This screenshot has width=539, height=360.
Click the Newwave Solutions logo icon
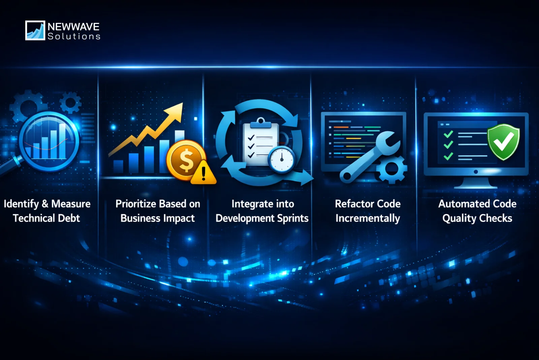pos(35,30)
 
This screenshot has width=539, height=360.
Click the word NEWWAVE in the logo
pos(73,27)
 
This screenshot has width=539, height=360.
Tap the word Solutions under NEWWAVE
pos(74,36)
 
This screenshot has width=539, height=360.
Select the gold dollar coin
pos(185,160)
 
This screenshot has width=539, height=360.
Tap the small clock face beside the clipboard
pos(282,159)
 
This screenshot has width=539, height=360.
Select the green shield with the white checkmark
pos(504,142)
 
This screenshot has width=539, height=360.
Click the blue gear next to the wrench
pos(391,170)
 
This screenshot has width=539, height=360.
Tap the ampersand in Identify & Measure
pos(45,204)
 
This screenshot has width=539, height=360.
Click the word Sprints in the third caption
pos(292,218)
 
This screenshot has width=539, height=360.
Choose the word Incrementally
pos(368,218)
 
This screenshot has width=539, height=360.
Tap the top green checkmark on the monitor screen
pos(448,134)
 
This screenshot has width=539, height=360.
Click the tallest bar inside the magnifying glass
pos(62,141)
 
